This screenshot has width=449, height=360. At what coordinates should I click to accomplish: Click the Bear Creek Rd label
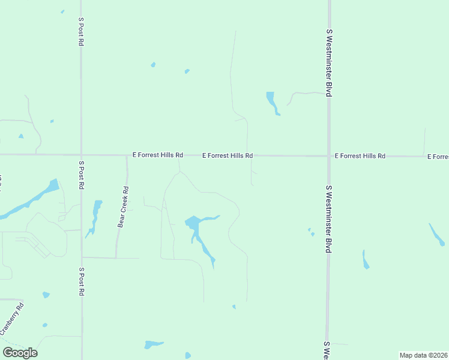click(x=124, y=208)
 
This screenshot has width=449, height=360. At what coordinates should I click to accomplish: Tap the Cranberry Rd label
click(x=12, y=319)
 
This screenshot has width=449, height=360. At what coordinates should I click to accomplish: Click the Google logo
click(x=20, y=353)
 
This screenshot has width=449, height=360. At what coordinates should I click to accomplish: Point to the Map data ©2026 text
click(x=424, y=355)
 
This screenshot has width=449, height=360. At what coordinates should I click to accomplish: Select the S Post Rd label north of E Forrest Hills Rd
click(x=81, y=31)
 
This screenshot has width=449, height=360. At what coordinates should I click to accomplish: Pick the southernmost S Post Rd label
click(x=81, y=281)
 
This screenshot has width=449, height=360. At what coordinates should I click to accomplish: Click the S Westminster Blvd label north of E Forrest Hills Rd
click(x=329, y=62)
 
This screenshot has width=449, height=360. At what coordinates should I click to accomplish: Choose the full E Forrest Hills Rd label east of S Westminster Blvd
click(x=360, y=156)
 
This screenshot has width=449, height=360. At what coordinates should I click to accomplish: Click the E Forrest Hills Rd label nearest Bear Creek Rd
click(x=158, y=155)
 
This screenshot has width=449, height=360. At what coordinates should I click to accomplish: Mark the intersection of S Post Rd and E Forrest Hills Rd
click(x=81, y=155)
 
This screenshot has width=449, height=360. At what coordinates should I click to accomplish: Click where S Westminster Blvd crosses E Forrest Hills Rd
click(x=329, y=156)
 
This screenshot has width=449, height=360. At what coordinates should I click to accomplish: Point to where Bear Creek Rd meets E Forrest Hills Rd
click(x=127, y=155)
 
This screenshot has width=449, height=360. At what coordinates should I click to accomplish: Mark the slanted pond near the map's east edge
click(x=436, y=235)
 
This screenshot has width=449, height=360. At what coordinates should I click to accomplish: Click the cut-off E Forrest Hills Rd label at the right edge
click(x=438, y=157)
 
